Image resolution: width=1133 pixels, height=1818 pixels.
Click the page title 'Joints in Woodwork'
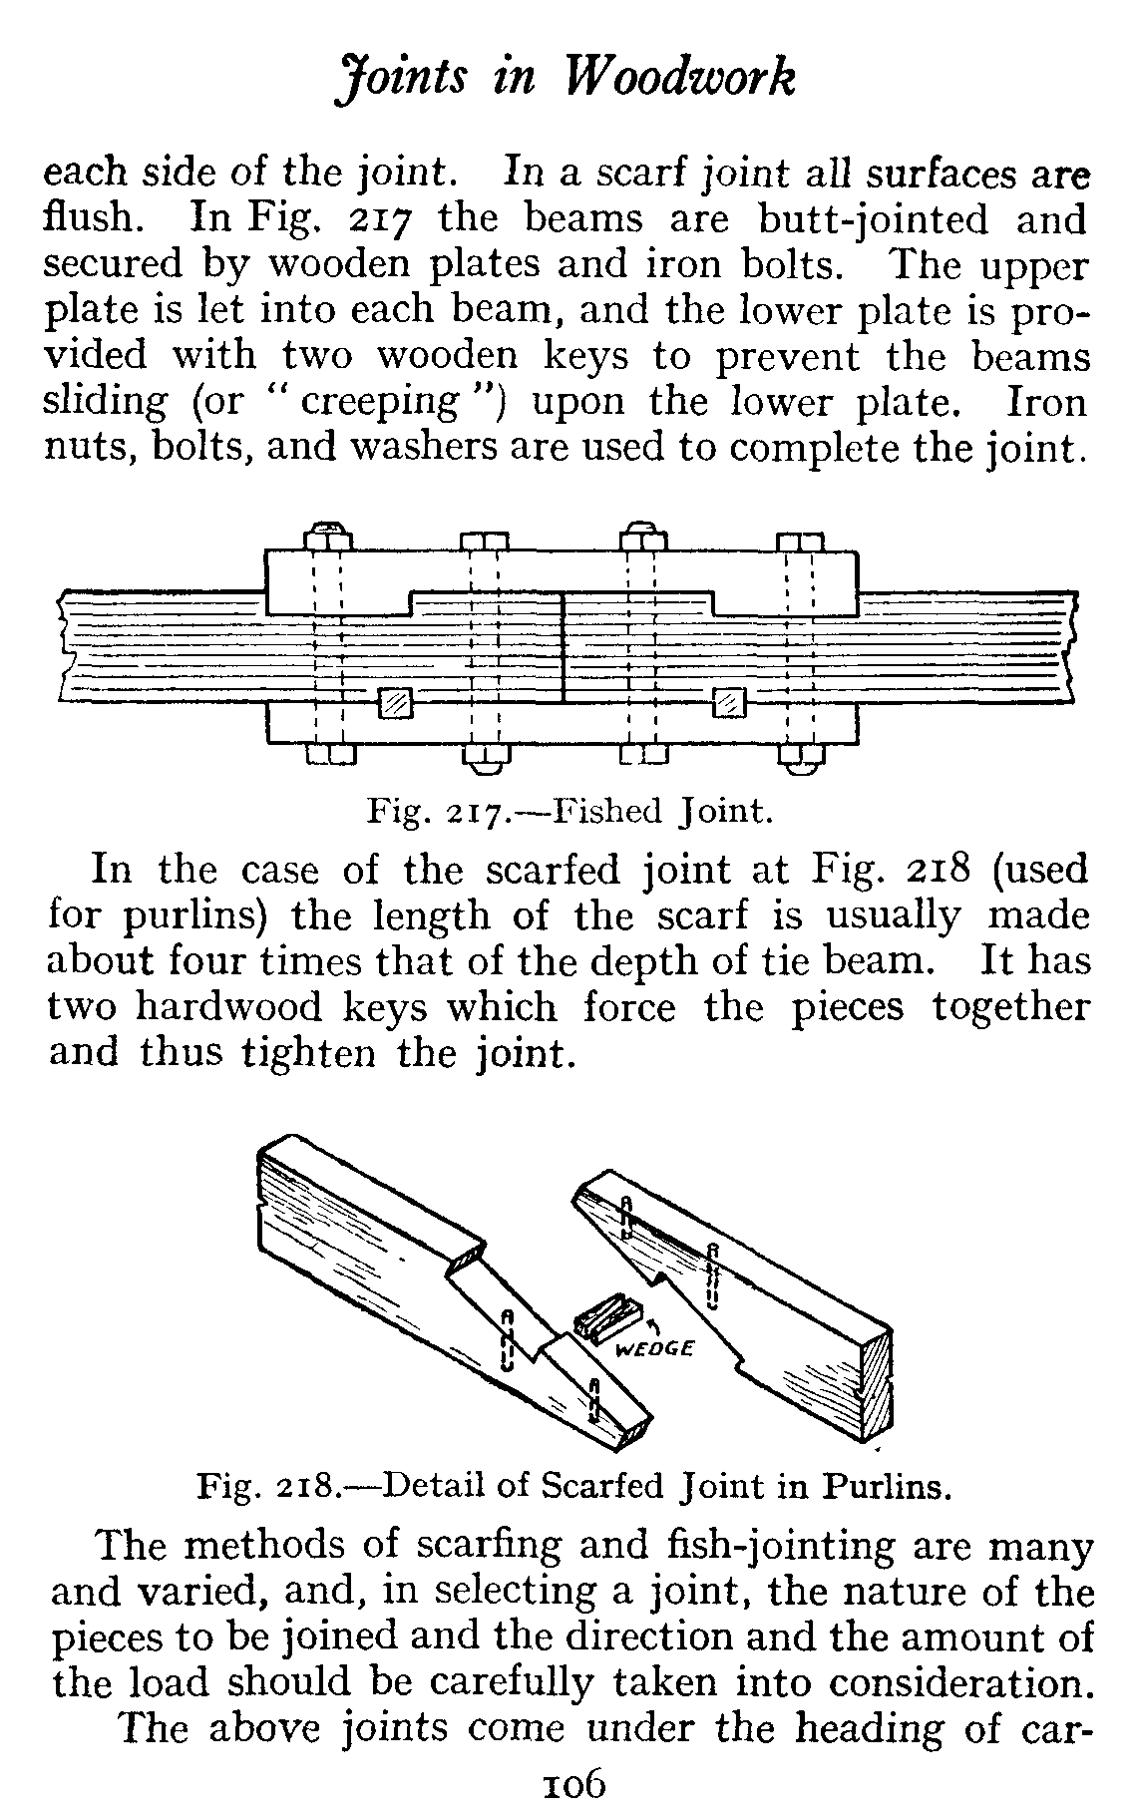click(x=566, y=78)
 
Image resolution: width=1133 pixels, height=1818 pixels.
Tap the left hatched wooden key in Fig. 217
click(x=396, y=703)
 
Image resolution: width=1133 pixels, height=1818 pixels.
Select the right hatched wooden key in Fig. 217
click(x=731, y=703)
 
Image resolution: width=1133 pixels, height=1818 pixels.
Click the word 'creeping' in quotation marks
click(x=379, y=401)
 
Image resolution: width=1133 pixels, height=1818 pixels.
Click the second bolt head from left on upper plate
click(x=486, y=542)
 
